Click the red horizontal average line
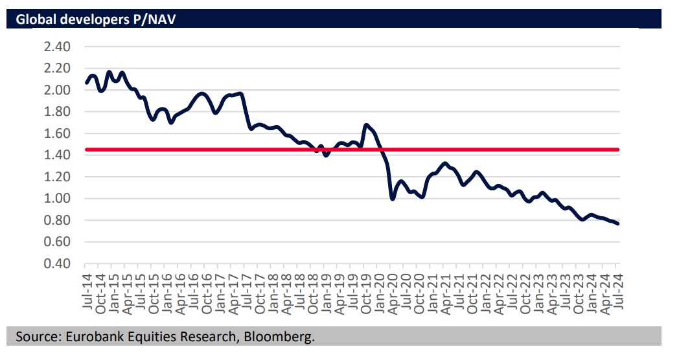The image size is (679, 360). click(x=486, y=150)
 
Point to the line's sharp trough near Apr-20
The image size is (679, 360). click(x=393, y=198)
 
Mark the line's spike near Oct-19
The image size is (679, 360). click(x=367, y=124)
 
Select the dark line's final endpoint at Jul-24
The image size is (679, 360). click(x=618, y=224)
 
